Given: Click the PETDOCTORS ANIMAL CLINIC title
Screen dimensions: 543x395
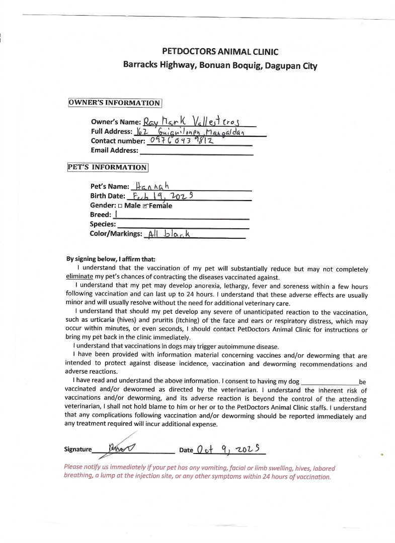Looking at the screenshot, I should [x=220, y=51].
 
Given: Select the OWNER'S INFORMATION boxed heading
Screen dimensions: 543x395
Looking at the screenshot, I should [x=115, y=103].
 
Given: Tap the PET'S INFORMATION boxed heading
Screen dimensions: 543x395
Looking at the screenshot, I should [x=108, y=167].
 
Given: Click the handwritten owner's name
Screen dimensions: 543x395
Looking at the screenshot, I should [x=193, y=121].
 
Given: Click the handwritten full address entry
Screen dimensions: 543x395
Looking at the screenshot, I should [x=194, y=132].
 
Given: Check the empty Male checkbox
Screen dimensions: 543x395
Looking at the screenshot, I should [x=120, y=206].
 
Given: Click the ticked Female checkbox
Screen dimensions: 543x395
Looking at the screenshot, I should [x=145, y=206].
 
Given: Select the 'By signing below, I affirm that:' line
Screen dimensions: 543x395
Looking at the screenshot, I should [x=111, y=259].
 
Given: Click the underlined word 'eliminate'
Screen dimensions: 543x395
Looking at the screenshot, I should [x=80, y=277].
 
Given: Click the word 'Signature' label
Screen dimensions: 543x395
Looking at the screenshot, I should [x=78, y=449].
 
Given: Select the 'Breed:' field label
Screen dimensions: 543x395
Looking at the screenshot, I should [x=100, y=215].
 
